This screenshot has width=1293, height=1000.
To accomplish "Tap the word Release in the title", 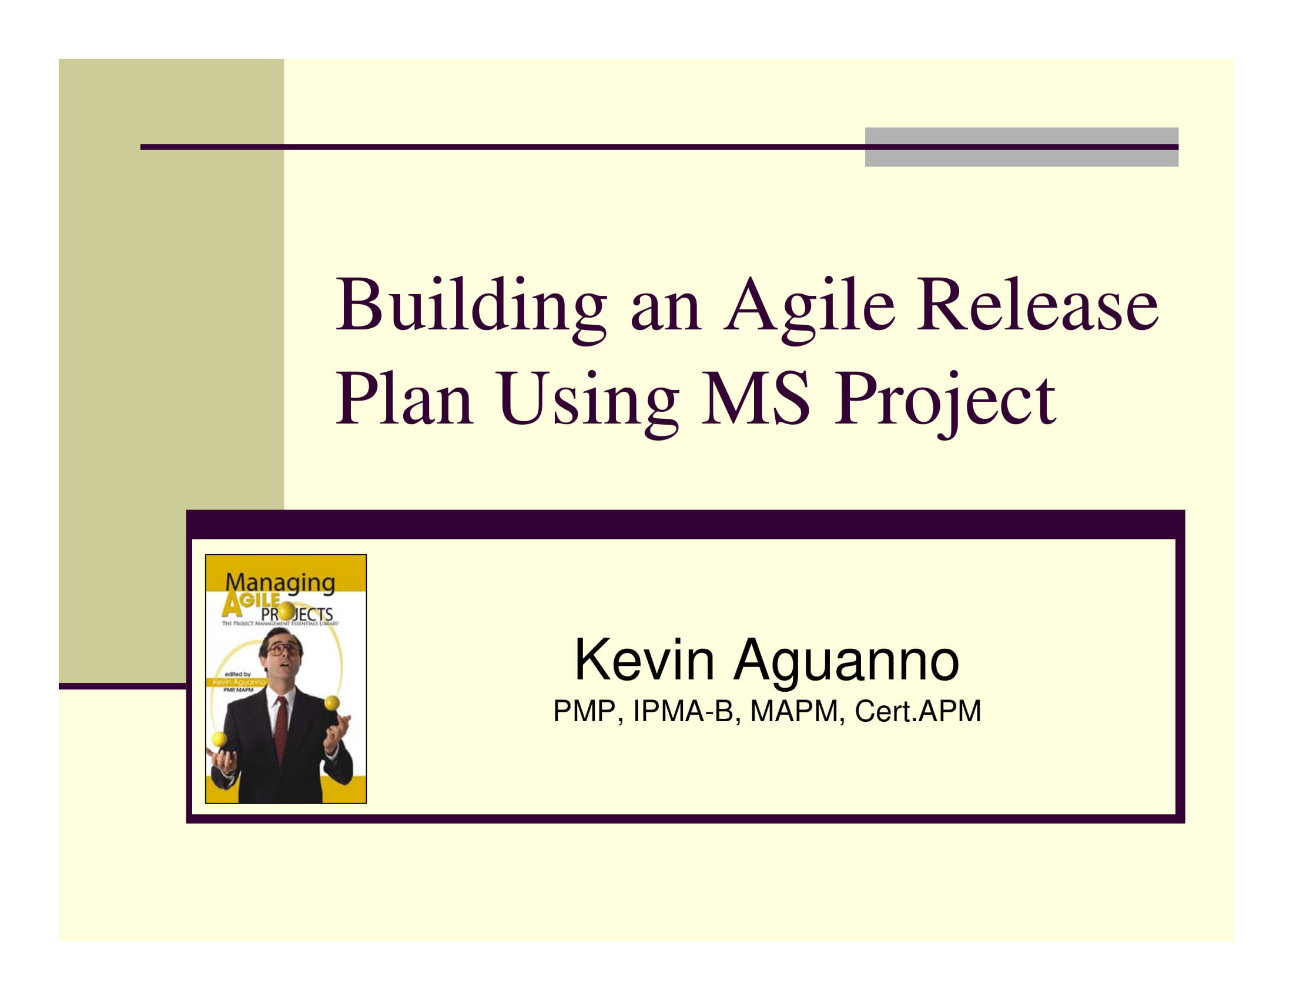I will pos(1037,307).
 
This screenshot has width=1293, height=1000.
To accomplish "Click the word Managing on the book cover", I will pos(280,582).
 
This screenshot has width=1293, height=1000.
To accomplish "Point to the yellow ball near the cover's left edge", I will pos(219,739).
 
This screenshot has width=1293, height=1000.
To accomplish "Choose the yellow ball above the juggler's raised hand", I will pos(331,703).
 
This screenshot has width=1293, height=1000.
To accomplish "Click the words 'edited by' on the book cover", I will pos(238,674).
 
